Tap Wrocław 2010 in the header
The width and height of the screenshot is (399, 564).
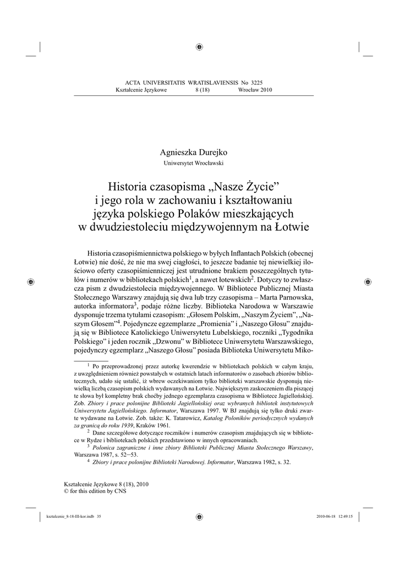pos(255,90)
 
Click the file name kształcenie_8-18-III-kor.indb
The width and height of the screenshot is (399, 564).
pos(70,516)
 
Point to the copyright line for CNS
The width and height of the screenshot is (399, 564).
pos(96,491)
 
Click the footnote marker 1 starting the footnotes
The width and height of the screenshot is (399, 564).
pos(89,365)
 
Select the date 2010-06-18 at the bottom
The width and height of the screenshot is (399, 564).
pos(327,516)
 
